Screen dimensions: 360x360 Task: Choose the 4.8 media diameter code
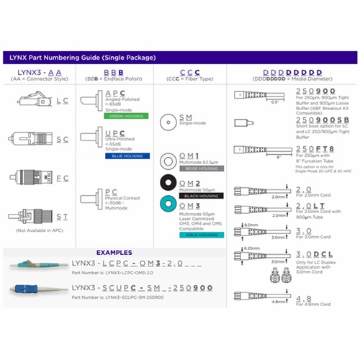tap(303, 293)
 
